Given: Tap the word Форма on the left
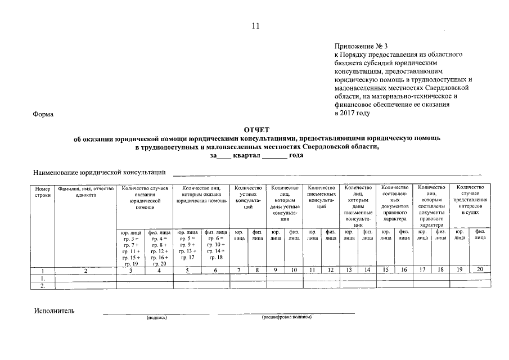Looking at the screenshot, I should tap(43, 114).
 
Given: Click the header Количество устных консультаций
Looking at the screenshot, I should tap(248, 197).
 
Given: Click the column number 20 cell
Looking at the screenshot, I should tap(480, 270).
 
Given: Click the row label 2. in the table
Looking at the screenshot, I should tap(43, 285).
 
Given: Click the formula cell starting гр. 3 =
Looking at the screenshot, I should tap(130, 247).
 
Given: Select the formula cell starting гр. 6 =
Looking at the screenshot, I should tap(215, 244).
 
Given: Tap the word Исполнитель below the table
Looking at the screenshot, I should tap(54, 310).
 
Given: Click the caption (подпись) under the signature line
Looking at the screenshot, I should tap(156, 317).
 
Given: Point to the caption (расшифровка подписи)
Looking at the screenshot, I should tap(286, 317).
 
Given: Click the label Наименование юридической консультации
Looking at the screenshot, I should tap(100, 172).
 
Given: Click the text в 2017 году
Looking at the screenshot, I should tap(352, 112).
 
